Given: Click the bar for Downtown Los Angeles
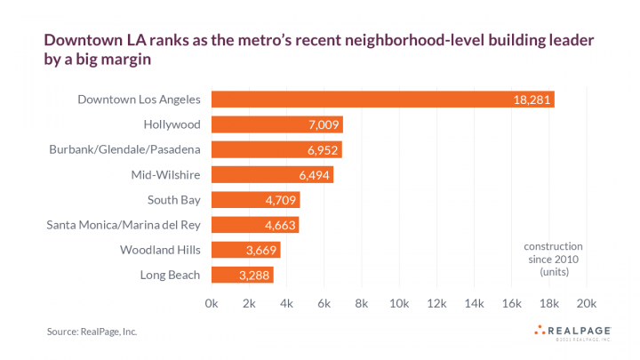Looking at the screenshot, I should [x=382, y=100].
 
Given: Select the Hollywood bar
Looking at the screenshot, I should [x=276, y=124].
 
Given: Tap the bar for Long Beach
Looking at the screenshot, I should [x=242, y=275].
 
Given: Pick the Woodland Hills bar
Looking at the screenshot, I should [x=245, y=250].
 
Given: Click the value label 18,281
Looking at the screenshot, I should [x=531, y=100].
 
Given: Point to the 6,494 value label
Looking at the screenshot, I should [x=315, y=175].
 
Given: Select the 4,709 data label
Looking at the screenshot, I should [x=281, y=200].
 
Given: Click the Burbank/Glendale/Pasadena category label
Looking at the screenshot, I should [x=124, y=149].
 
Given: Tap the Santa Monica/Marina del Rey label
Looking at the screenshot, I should [x=124, y=225].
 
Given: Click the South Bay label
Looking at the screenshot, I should [x=173, y=200].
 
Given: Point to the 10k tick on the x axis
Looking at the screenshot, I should [x=399, y=303].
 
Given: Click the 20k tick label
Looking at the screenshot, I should [x=587, y=303].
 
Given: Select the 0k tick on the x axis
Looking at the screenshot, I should [x=212, y=303].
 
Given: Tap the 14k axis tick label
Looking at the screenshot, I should [x=474, y=303].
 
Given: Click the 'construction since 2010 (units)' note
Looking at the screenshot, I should [x=553, y=258].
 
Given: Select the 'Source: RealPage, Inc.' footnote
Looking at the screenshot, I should [x=92, y=332].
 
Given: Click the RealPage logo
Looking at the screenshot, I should [x=573, y=332].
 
